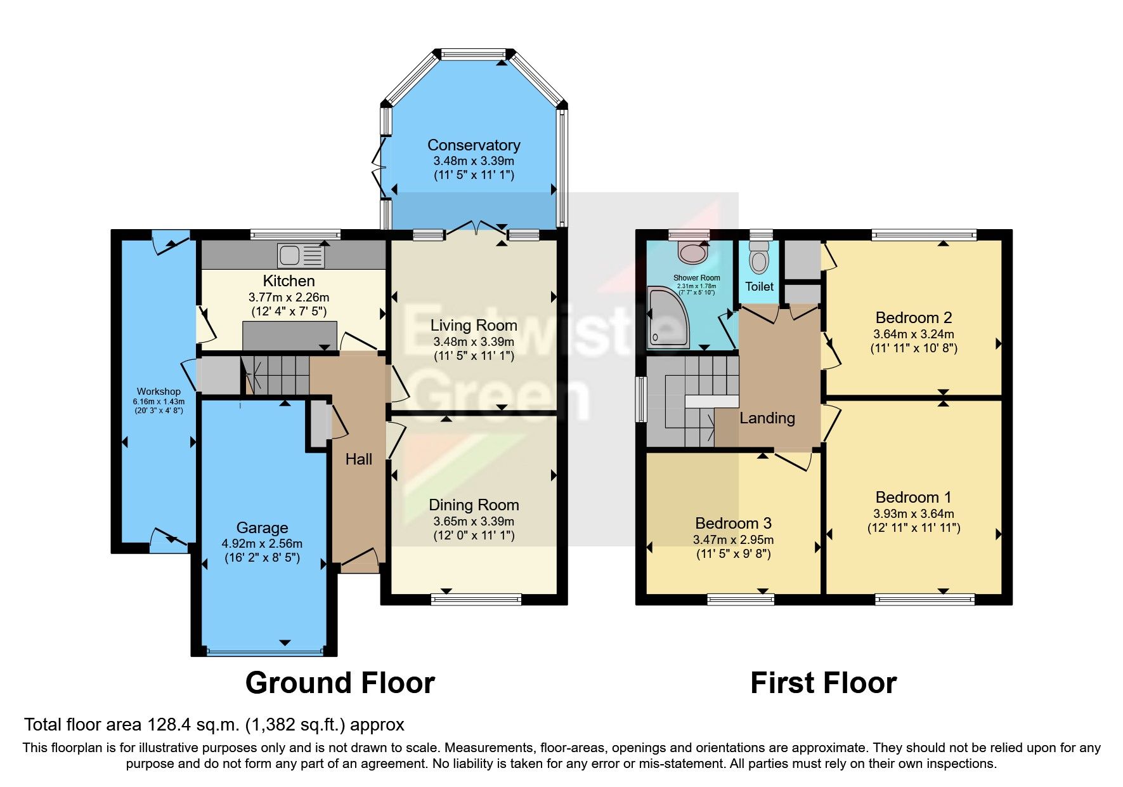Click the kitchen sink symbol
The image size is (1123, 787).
tap(301, 255)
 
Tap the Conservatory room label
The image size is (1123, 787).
tap(474, 145)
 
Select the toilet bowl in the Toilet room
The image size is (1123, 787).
tap(758, 261)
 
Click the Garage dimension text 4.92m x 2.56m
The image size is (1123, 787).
tap(262, 544)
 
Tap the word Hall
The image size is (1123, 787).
tap(358, 460)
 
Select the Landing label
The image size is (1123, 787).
tap(767, 418)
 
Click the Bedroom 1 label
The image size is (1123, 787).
tap(913, 498)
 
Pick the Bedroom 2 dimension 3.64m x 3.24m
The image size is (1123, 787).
tap(913, 334)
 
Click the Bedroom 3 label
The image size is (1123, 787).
tap(733, 524)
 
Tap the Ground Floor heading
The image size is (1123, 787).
tap(340, 684)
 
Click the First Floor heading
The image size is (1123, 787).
tap(823, 684)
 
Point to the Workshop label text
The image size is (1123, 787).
tap(159, 392)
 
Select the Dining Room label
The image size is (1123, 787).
tap(474, 505)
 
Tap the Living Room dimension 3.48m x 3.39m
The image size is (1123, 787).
tap(474, 342)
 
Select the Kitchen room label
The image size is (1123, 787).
tap(289, 281)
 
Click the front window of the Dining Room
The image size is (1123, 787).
tap(476, 598)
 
